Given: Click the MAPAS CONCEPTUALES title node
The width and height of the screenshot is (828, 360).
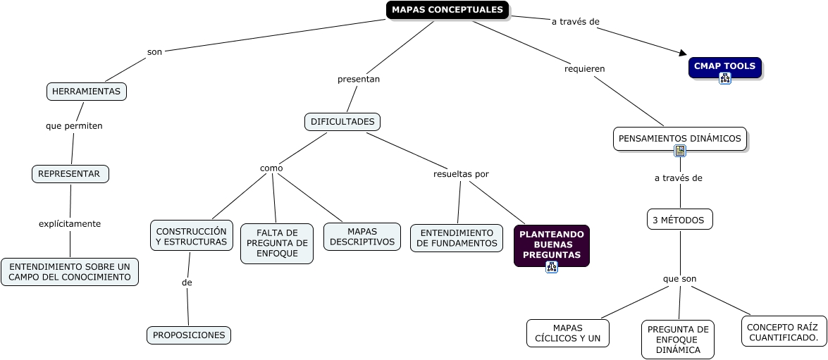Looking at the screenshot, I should point(447,10).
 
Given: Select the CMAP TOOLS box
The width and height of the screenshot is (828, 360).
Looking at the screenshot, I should point(724,66).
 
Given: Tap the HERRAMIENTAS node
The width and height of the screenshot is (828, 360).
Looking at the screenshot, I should point(86,92).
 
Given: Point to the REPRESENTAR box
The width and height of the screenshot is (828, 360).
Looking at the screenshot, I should point(70,174).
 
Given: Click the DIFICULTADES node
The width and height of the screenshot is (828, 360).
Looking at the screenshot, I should point(342,122).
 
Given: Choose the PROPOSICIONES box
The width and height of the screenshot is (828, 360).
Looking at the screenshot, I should point(189,335).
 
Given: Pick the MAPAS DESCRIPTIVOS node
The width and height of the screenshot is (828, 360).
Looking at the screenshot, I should point(362,237).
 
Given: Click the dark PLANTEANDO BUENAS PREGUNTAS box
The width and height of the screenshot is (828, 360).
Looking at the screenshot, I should point(551,244).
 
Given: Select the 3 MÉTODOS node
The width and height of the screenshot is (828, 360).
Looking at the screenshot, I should point(679,220).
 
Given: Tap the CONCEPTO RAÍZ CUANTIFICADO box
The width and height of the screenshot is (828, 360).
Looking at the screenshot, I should point(784,332).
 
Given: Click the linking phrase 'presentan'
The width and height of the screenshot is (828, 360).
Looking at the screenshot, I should point(359,79).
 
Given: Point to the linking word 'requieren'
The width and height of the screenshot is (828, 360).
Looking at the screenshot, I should point(585,69).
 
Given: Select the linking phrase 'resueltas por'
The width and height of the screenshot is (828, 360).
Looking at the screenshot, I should point(461,174).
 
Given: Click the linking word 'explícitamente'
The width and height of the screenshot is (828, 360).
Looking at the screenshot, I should point(70,224).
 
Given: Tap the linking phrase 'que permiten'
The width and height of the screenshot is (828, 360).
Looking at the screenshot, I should point(74,126).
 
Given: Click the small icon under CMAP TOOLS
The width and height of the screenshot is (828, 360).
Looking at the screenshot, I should point(725,78).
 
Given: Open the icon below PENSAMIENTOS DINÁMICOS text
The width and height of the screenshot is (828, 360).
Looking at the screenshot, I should point(680,151).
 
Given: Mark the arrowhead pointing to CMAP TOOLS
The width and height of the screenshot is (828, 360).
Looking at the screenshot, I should point(681,52).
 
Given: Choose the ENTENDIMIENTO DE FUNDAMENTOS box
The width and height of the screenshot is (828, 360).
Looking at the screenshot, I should point(457,238).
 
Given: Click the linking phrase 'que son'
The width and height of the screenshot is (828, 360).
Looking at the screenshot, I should point(679,279).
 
